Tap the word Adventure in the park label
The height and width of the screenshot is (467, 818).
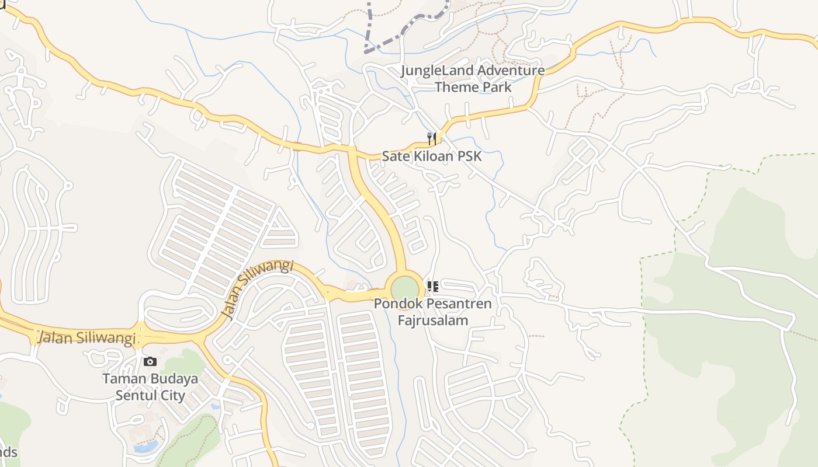510,71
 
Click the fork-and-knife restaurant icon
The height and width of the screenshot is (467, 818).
432,138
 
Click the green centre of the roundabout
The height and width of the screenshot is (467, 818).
405,289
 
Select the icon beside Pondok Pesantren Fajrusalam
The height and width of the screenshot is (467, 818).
433,286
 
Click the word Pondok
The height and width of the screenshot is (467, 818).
398,304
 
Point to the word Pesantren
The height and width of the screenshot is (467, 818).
459,304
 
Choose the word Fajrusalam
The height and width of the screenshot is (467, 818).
433,320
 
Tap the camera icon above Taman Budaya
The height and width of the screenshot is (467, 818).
150,362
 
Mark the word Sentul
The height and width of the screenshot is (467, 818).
136,395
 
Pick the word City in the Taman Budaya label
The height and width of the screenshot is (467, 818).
172,395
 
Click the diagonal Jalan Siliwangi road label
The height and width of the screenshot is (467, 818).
258,290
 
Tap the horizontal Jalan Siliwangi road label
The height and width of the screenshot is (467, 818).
86,338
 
